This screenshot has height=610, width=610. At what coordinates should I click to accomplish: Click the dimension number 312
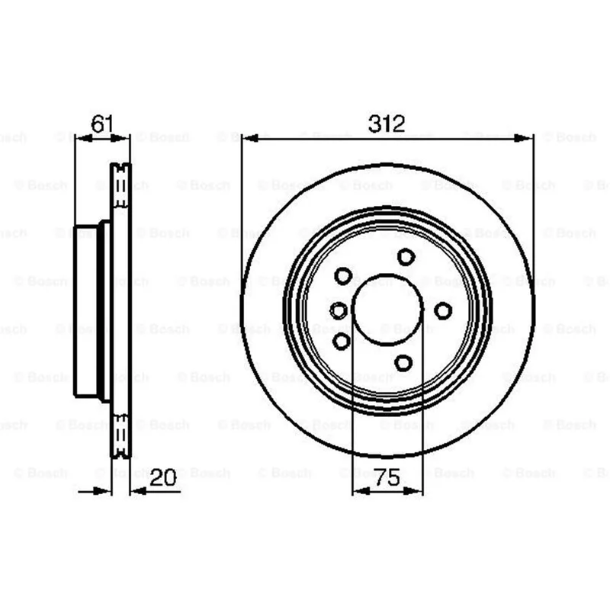tap(387, 124)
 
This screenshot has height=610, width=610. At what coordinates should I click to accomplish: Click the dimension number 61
tap(102, 124)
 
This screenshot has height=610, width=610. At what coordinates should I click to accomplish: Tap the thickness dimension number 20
tap(163, 477)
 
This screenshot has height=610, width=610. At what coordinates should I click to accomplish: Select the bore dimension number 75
tap(387, 477)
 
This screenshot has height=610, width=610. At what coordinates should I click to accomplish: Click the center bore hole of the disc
tap(387, 310)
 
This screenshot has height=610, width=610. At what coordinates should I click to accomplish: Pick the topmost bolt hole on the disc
tap(406, 257)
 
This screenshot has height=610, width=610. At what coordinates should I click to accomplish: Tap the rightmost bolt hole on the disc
tap(443, 311)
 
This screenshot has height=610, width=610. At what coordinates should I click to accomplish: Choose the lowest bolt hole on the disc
tap(403, 363)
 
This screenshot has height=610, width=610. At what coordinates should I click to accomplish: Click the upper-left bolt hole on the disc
tap(343, 276)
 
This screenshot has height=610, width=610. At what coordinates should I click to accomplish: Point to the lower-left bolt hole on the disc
tap(342, 341)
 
